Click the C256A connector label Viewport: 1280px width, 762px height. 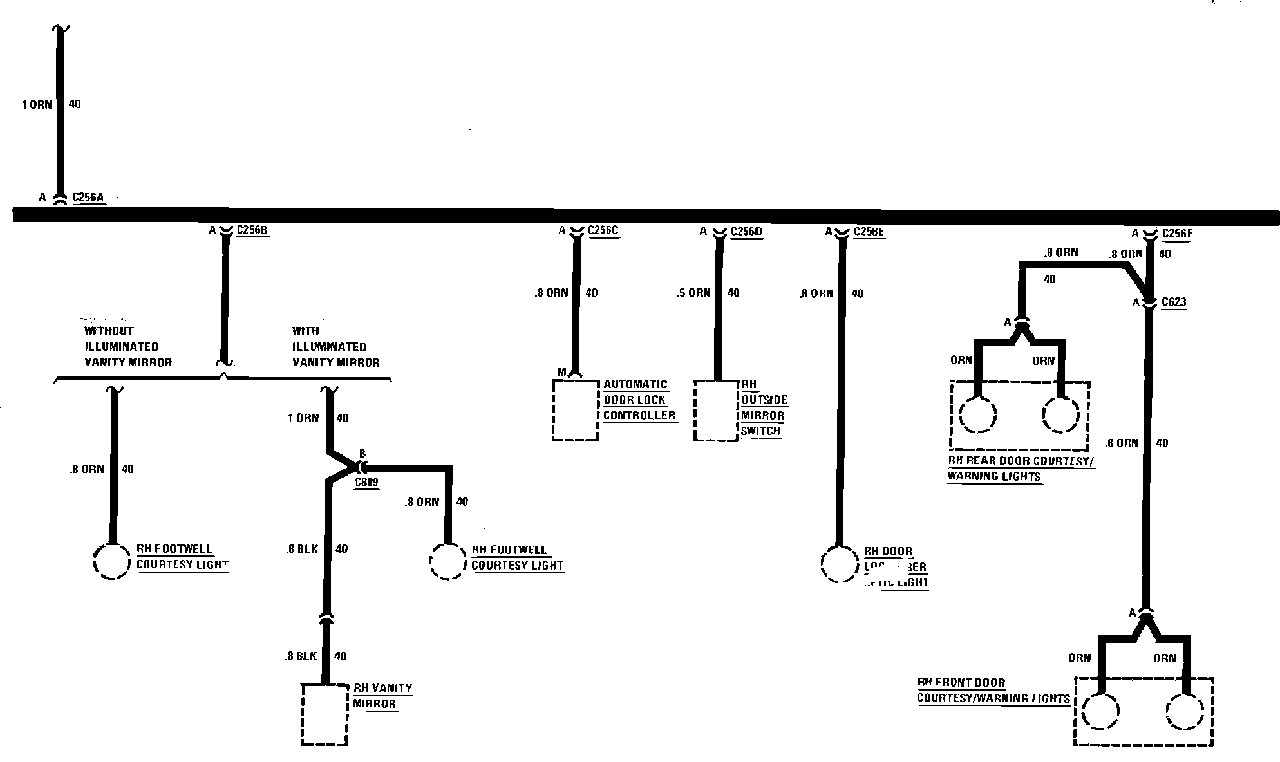(88, 198)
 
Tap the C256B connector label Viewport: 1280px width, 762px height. (252, 230)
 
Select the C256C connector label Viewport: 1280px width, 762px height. (604, 230)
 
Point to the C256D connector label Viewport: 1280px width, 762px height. (746, 232)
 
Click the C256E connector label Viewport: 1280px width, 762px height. (869, 232)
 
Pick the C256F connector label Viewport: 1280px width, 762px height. (1177, 234)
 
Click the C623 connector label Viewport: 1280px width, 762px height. (1174, 302)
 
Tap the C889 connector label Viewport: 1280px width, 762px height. (366, 482)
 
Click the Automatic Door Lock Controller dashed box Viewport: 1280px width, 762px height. (576, 410)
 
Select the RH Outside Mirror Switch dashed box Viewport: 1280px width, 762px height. (716, 411)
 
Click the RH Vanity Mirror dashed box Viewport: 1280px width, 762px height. (325, 714)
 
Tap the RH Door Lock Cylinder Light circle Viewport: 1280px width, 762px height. (840, 564)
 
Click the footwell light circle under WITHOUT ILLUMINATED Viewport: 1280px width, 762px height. (113, 561)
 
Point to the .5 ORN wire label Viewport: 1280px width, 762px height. (693, 293)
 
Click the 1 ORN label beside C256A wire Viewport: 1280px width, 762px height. (37, 105)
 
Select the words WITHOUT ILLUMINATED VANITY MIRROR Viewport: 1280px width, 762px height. (128, 347)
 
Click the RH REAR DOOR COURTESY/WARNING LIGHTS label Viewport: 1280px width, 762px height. (1021, 469)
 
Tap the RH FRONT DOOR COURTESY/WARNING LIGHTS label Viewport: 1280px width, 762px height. (993, 691)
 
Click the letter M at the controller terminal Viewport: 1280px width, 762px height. (561, 373)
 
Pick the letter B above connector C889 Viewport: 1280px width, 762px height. (362, 454)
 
